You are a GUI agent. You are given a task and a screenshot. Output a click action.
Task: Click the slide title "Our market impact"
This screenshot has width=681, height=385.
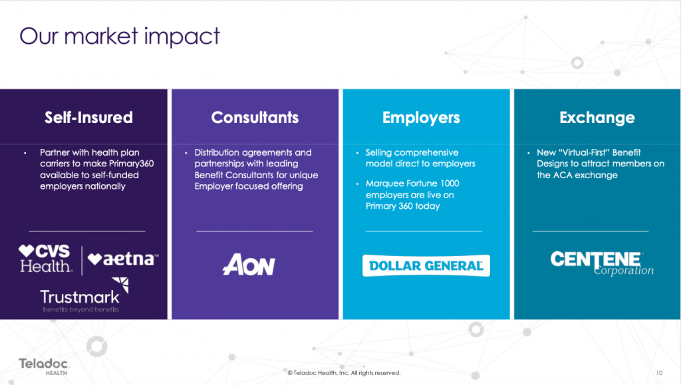pos(120,36)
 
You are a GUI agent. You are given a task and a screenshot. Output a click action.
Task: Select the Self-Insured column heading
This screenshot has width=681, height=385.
pos(88,118)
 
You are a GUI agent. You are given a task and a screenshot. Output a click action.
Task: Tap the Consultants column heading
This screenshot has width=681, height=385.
pos(255,118)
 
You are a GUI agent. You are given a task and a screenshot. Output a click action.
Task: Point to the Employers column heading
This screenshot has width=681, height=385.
pos(421,118)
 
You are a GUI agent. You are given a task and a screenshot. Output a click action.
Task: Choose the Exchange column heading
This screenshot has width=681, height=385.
pos(597,118)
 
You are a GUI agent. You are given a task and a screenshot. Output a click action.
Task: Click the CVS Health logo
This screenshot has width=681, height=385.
pos(45,259)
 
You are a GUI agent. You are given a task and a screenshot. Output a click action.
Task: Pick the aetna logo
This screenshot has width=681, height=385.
pos(123,259)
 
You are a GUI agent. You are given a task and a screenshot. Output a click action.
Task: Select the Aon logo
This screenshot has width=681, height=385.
pos(249,265)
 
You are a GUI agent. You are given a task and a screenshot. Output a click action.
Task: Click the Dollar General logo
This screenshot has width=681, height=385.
pos(426,265)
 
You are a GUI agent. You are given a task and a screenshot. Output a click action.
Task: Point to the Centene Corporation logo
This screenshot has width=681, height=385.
pos(602,263)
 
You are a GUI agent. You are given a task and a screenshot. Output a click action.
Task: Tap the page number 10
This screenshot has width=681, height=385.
pos(659,373)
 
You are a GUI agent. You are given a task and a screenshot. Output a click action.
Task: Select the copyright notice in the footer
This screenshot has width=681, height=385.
pos(344,373)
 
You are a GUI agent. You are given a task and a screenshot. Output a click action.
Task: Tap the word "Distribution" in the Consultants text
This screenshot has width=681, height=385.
pos(217,152)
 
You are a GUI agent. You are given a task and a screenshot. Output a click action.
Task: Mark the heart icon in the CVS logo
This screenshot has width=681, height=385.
pos(26,251)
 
